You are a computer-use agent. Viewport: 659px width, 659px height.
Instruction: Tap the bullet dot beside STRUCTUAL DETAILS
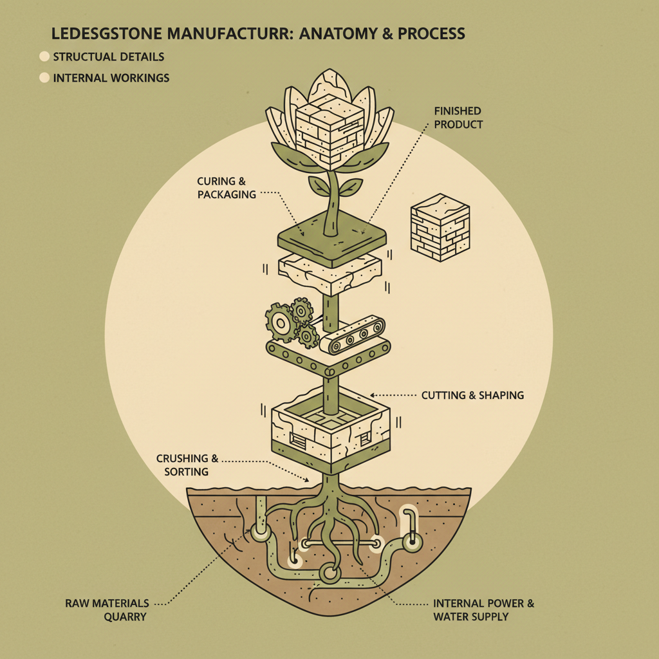[x=44, y=57]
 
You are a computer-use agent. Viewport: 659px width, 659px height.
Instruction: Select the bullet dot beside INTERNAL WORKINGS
[x=44, y=78]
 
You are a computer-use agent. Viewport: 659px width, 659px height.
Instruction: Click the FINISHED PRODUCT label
[x=458, y=118]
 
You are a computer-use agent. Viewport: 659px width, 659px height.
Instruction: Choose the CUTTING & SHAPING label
[x=472, y=395]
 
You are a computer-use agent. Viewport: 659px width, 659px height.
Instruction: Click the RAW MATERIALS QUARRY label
[x=107, y=610]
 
